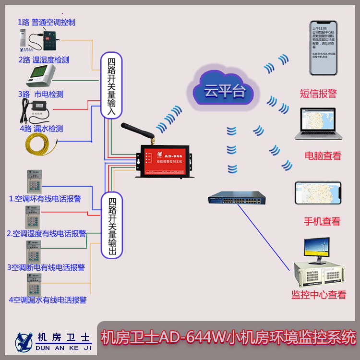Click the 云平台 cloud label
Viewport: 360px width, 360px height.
pos(224,91)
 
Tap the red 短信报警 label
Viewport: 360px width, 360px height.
pos(318,94)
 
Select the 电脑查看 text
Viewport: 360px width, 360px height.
pos(323,156)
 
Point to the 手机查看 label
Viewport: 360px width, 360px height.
pos(322,221)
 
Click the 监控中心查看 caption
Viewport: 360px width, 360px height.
pos(319,295)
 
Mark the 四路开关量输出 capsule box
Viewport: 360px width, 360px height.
pos(111,226)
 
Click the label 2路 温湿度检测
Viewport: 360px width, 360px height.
pos(44,60)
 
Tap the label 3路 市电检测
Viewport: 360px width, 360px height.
pos(41,94)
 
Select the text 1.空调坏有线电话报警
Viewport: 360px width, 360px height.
pos(45,198)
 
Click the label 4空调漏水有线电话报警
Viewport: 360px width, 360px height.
pos(48,300)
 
